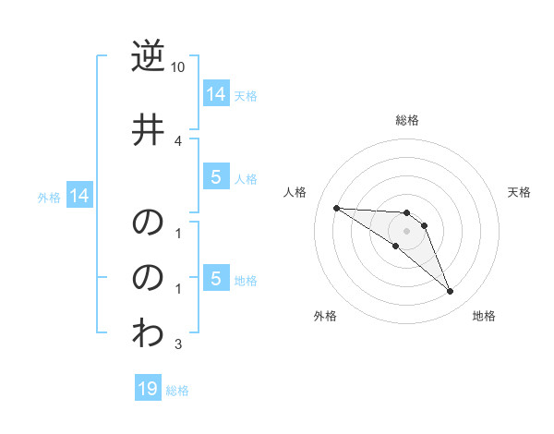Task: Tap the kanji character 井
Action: click(148, 130)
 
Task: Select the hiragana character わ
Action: click(148, 333)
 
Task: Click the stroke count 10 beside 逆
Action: click(178, 68)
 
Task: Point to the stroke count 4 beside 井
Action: click(178, 141)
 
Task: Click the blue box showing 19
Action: click(148, 389)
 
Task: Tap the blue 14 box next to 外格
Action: click(78, 196)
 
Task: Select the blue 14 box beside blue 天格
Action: click(215, 93)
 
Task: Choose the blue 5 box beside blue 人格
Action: click(215, 177)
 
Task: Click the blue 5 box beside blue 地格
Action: click(215, 279)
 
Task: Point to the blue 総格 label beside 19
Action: click(177, 391)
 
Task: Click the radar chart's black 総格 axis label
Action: click(407, 120)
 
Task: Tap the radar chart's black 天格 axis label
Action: click(520, 192)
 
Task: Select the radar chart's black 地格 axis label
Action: click(484, 316)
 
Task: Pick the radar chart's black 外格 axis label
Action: click(325, 316)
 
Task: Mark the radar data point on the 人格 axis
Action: click(336, 208)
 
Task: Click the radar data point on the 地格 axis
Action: click(451, 292)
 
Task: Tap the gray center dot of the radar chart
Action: click(407, 231)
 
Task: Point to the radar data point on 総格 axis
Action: click(407, 213)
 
